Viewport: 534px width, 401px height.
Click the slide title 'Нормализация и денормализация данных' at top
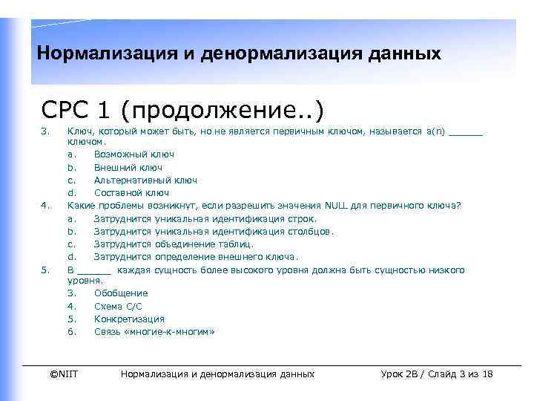point(238,54)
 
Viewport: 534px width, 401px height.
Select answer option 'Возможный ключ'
point(134,154)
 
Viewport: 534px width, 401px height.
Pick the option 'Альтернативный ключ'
point(145,180)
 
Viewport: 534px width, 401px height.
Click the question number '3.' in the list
point(45,132)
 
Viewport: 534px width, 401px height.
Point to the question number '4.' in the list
point(45,206)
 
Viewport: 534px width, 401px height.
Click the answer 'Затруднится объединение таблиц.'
point(174,244)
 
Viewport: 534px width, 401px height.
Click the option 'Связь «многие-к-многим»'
point(154,332)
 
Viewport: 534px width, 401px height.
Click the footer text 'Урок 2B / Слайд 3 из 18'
point(436,374)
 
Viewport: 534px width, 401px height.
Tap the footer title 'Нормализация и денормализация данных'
point(217,374)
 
